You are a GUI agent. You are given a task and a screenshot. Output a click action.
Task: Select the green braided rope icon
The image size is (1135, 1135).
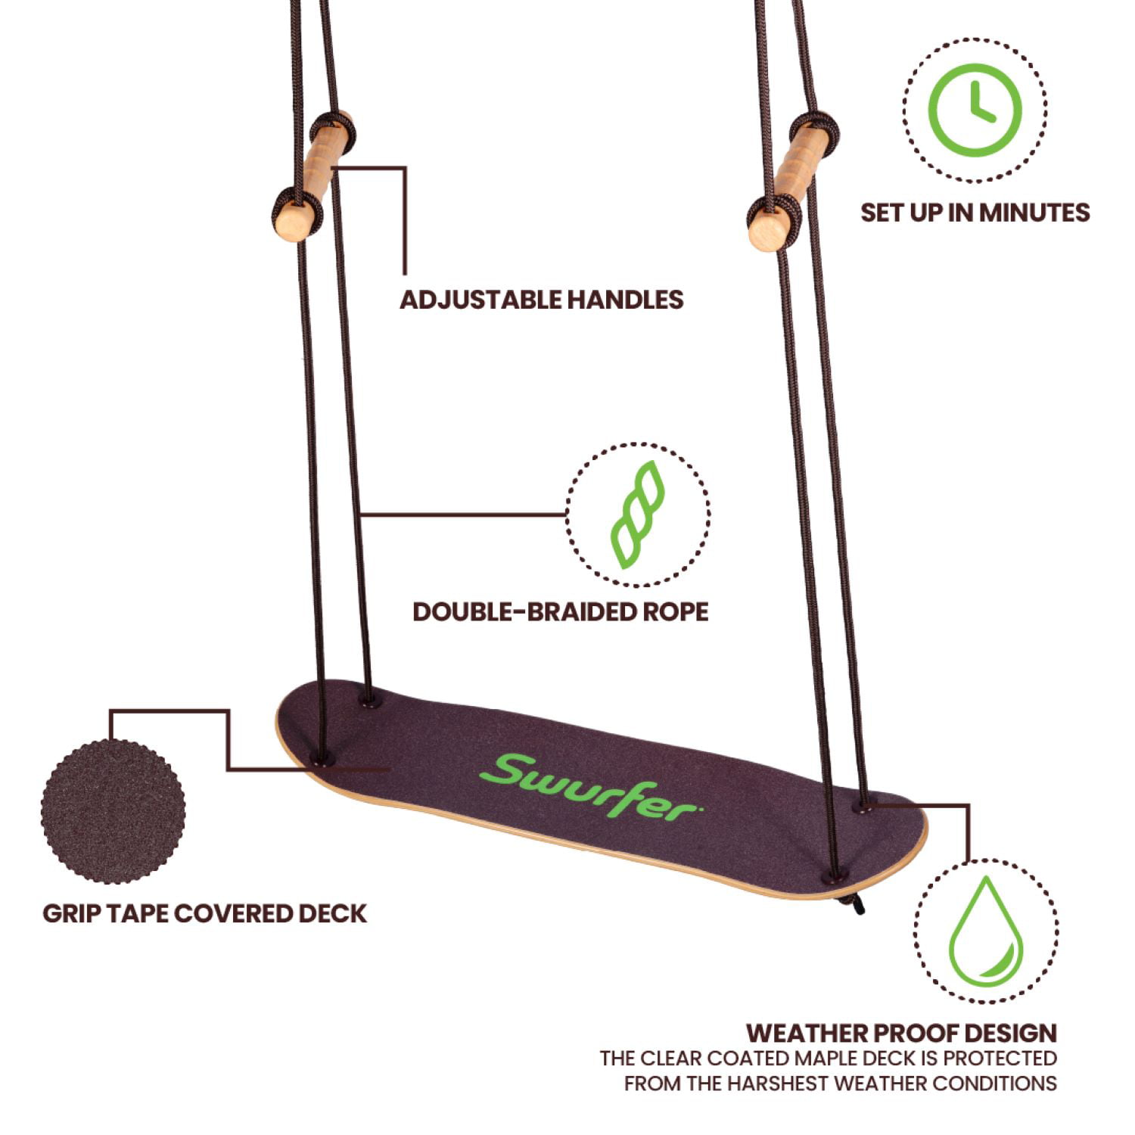pos(638,515)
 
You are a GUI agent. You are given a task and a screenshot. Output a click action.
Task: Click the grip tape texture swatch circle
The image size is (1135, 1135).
pos(113,811)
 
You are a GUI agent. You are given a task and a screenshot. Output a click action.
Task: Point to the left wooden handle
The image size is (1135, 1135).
pos(313,176)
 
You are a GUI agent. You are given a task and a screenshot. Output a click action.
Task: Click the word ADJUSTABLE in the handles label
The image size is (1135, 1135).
pos(481,300)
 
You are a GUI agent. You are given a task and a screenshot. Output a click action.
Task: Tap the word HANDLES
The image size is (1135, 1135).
pos(626,300)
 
